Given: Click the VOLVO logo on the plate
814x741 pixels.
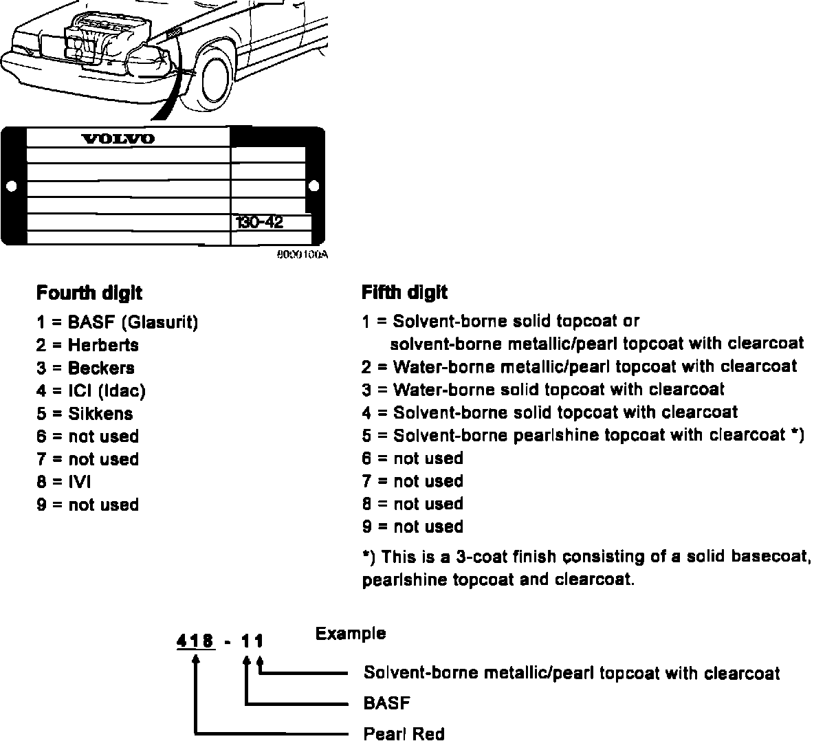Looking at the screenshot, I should [x=118, y=139].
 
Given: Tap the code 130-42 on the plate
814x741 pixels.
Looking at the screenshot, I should [x=259, y=222].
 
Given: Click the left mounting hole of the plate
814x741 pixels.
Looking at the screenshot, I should [x=11, y=186].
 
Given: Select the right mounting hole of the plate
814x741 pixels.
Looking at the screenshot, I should [x=314, y=186].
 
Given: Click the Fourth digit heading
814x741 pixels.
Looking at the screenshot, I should [x=89, y=294].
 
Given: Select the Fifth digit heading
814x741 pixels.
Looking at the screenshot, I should [x=404, y=293].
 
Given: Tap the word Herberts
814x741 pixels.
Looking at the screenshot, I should [x=103, y=345].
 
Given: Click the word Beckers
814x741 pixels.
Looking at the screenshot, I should [x=101, y=368].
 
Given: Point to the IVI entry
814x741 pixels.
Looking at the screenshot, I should [x=79, y=482].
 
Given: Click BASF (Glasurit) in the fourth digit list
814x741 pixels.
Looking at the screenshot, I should [x=133, y=322].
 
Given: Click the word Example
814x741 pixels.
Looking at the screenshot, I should [x=351, y=633].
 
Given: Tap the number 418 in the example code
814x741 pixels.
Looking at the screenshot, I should [x=195, y=641].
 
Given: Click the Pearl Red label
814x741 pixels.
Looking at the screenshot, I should [x=404, y=733].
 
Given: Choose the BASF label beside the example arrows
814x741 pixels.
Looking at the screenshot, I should [x=386, y=703].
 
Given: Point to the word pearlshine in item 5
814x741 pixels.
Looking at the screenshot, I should [x=554, y=435].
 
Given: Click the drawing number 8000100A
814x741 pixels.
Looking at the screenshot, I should [x=302, y=254].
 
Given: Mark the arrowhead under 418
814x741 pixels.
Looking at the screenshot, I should [x=197, y=659].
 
